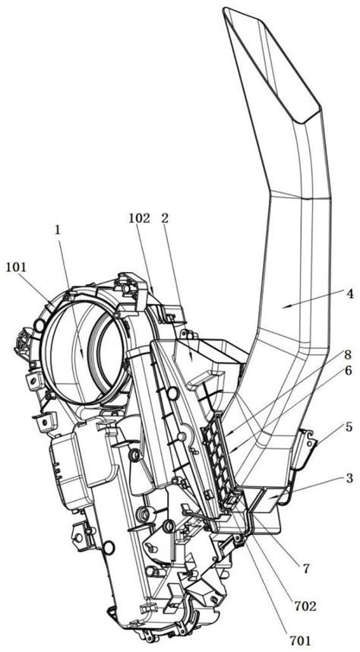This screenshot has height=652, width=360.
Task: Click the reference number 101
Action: tap(16, 267)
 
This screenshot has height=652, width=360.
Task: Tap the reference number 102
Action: tap(139, 219)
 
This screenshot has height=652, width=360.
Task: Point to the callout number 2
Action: tap(165, 219)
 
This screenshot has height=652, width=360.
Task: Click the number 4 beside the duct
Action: tap(350, 294)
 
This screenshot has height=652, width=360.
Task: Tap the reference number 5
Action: tap(348, 427)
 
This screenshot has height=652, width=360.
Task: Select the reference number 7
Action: tap(306, 569)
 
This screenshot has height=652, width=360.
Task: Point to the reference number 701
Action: tap(300, 640)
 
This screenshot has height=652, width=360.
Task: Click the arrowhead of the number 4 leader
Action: tap(283, 307)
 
